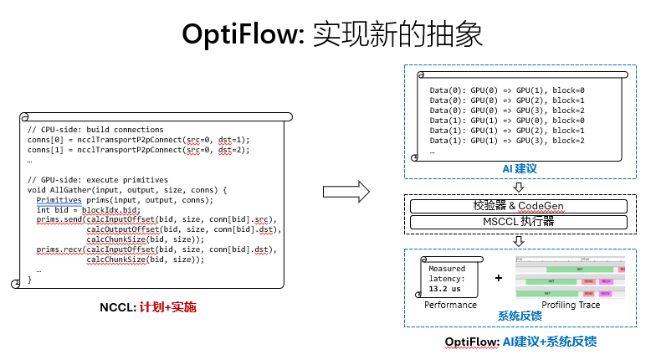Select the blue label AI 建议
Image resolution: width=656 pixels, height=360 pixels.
(519, 169)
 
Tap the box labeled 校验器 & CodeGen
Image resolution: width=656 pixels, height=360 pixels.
(519, 206)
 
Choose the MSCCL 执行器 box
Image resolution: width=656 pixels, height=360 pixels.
(519, 222)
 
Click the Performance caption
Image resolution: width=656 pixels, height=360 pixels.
(450, 305)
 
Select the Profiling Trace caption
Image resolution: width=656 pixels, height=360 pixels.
(571, 305)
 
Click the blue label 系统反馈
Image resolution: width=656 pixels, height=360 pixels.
(520, 316)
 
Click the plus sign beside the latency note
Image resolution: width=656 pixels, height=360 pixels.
(499, 276)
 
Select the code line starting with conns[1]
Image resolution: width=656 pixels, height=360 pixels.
(138, 150)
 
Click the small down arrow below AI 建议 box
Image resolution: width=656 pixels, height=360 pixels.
(519, 187)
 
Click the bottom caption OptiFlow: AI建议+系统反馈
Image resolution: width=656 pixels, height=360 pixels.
(520, 342)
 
